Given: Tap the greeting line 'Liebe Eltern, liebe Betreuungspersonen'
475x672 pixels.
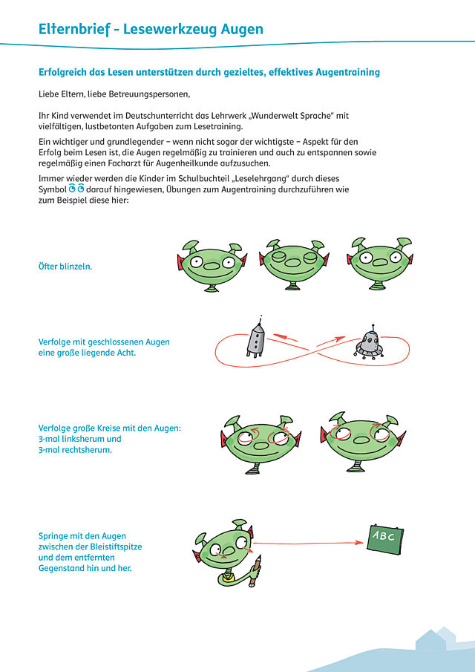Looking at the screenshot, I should point(114,94).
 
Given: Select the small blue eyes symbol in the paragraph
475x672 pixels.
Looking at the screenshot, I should point(77,190).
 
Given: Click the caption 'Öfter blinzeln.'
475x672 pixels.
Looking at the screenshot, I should point(65,265).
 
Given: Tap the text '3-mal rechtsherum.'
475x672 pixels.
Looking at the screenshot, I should point(75,449).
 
